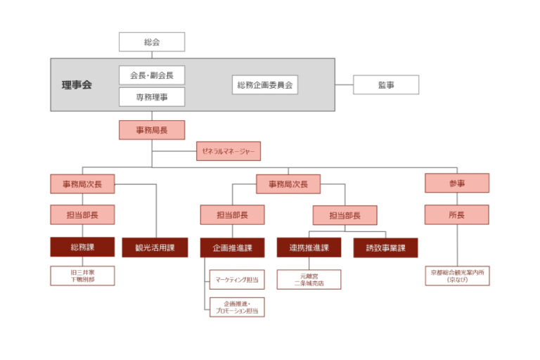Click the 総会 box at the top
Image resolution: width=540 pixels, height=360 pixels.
pyautogui.click(x=152, y=42)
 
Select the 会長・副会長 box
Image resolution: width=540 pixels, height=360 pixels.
pyautogui.click(x=152, y=75)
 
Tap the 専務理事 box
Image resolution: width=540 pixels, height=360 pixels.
pyautogui.click(x=152, y=97)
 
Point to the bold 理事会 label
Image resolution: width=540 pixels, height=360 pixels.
pyautogui.click(x=76, y=85)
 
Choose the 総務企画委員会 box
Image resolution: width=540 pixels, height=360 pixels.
pyautogui.click(x=264, y=85)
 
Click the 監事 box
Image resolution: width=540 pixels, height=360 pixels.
pyautogui.click(x=385, y=85)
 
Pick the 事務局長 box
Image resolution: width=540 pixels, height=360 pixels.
pyautogui.click(x=152, y=130)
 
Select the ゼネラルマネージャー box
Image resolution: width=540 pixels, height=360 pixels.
pyautogui.click(x=228, y=151)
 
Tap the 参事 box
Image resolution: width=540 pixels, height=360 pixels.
pyautogui.click(x=456, y=184)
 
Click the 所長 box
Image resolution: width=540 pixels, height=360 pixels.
pyautogui.click(x=456, y=214)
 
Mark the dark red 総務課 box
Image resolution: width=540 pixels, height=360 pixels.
pyautogui.click(x=82, y=247)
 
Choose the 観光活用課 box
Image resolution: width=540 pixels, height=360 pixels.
pyautogui.click(x=155, y=247)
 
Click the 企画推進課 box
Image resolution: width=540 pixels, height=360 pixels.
pyautogui.click(x=232, y=247)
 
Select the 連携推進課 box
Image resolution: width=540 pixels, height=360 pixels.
pyautogui.click(x=309, y=247)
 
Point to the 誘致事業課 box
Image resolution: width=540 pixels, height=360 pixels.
pyautogui.click(x=385, y=247)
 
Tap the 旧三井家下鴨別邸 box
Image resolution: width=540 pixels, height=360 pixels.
pyautogui.click(x=82, y=276)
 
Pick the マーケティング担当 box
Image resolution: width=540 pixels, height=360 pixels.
pyautogui.click(x=237, y=280)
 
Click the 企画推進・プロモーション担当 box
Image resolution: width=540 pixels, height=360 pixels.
pyautogui.click(x=237, y=307)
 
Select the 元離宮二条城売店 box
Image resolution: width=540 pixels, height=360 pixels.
pyautogui.click(x=309, y=280)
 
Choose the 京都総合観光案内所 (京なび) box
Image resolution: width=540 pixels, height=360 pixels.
pyautogui.click(x=456, y=276)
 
